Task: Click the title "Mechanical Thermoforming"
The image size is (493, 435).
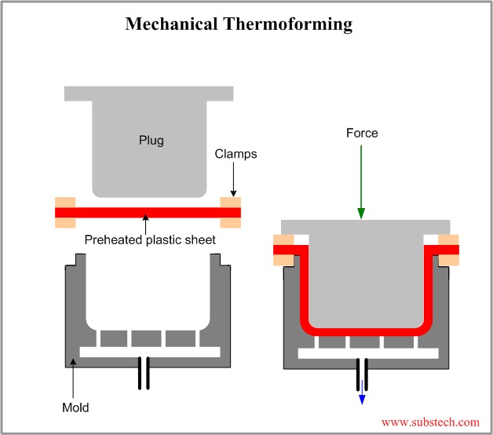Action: pyautogui.click(x=239, y=24)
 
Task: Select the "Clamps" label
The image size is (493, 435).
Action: pyautogui.click(x=236, y=154)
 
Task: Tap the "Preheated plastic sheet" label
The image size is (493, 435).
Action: pyautogui.click(x=150, y=239)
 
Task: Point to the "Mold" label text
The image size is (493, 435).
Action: pyautogui.click(x=75, y=408)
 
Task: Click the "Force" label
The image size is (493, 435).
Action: pyautogui.click(x=362, y=133)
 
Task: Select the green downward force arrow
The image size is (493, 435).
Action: pyautogui.click(x=362, y=181)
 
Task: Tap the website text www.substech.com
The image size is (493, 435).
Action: pyautogui.click(x=429, y=422)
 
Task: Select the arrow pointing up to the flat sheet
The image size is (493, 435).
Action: pyautogui.click(x=146, y=225)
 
